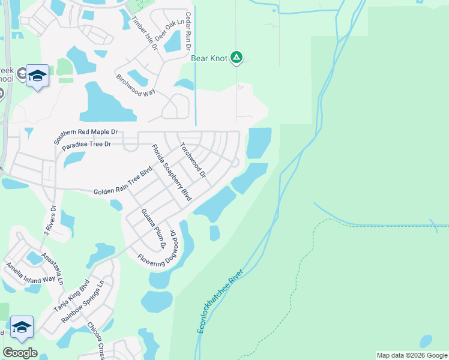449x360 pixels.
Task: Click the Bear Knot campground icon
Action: [x=237, y=58]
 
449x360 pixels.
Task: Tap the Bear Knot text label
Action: [x=209, y=59]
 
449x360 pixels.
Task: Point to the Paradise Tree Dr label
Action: [x=86, y=145]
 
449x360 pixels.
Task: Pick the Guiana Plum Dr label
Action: [x=153, y=229]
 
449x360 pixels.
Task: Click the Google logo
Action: [x=20, y=353]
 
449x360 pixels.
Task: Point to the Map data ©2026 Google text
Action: [x=412, y=355]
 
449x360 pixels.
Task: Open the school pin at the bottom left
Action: [x=22, y=328]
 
